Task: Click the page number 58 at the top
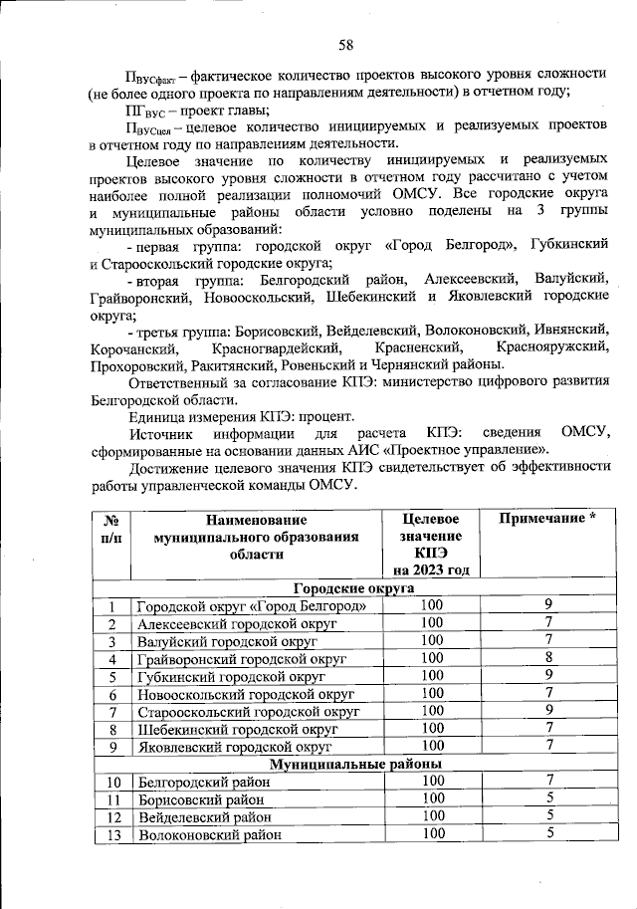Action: [x=345, y=44]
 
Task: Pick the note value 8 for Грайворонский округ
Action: [x=547, y=658]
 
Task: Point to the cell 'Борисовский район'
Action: [x=202, y=798]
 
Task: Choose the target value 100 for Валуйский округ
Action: [x=432, y=640]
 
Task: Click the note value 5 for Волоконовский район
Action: [x=547, y=834]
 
